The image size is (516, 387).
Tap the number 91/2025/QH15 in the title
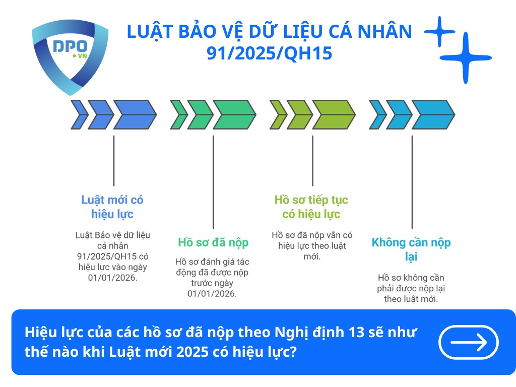click(270, 53)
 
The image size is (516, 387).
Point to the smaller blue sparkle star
click(439, 32)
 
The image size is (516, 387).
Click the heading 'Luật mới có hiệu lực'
click(112, 207)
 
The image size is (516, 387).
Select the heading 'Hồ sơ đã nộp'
click(213, 242)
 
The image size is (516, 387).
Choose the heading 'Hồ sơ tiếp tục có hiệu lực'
click(311, 207)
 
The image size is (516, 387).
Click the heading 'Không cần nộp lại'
click(411, 249)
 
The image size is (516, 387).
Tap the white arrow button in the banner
click(469, 342)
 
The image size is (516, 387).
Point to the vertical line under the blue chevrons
click(113, 160)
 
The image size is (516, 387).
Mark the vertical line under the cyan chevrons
click(412, 181)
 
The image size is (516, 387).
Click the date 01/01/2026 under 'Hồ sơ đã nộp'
click(212, 294)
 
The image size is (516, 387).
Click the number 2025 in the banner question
click(197, 352)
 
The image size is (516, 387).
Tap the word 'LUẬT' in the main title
click(149, 32)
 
